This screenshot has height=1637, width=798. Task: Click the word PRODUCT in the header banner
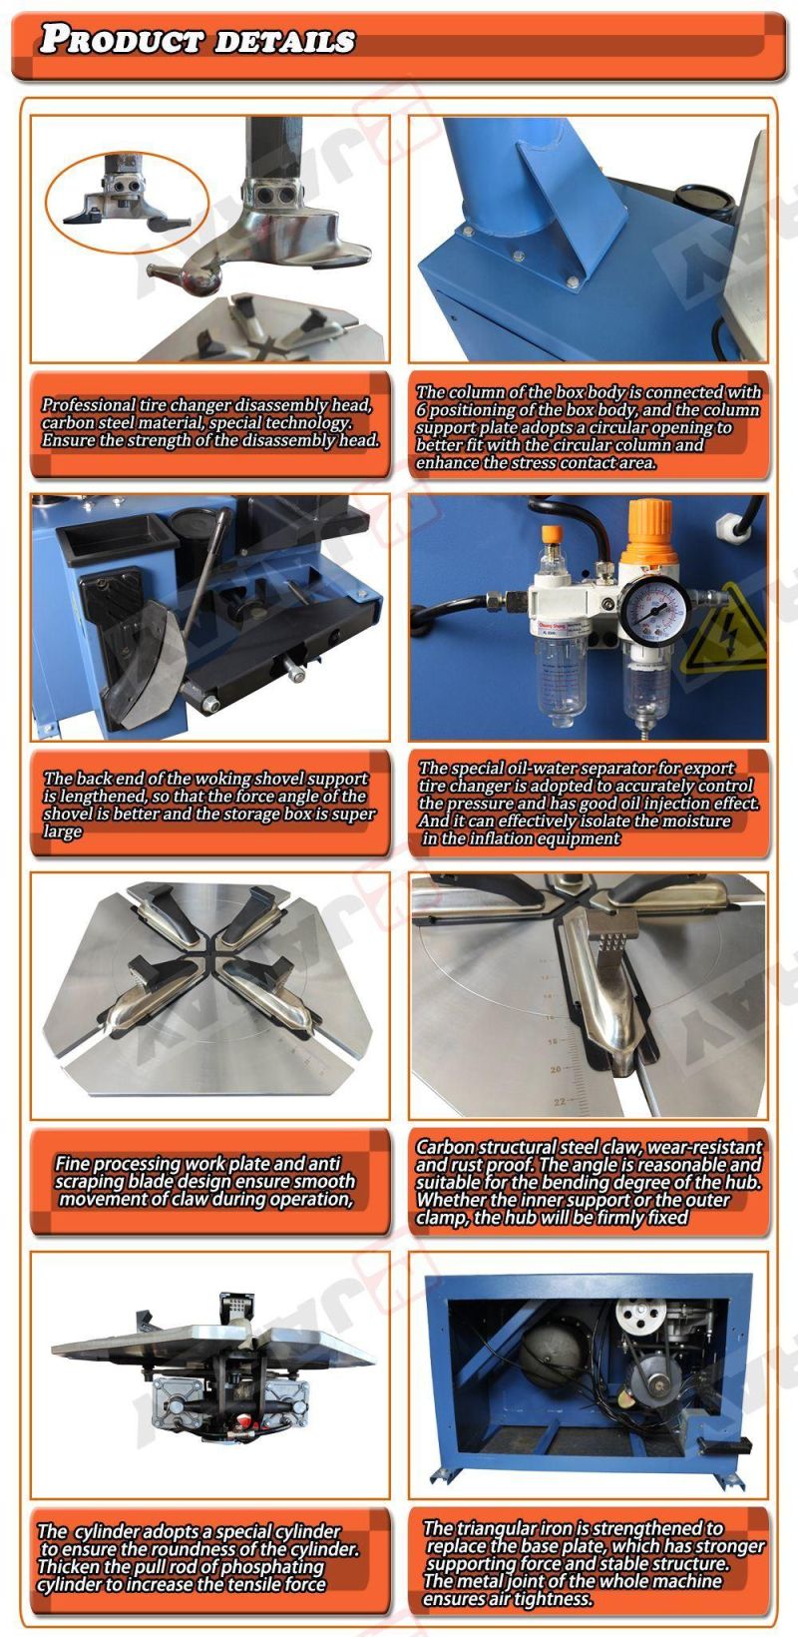tap(121, 40)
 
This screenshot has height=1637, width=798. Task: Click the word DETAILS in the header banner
tap(285, 42)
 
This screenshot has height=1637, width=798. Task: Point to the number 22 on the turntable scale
tap(560, 1101)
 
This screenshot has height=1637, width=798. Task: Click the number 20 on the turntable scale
tap(557, 1069)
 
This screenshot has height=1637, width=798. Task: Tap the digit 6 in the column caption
tap(421, 410)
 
